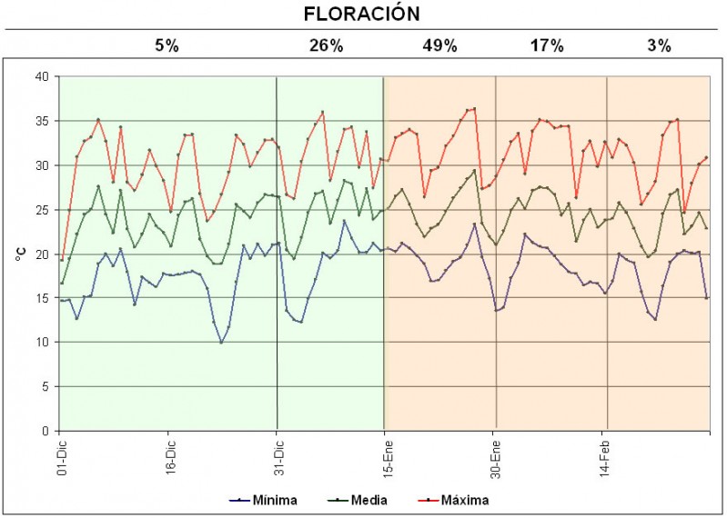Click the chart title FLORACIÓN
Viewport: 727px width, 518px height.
coord(361,14)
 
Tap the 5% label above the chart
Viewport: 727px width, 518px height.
coord(167,45)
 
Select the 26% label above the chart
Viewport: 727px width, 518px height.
coord(326,45)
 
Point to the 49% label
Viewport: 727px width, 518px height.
coord(439,45)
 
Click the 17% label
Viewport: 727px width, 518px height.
coord(548,45)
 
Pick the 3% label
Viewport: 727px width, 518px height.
coord(659,45)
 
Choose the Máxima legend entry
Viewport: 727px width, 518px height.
coord(465,500)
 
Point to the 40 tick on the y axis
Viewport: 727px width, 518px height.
coord(40,77)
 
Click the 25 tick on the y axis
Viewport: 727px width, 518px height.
coord(40,210)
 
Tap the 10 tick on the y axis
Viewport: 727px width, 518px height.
coord(40,343)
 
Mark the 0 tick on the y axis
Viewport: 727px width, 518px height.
coord(44,431)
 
